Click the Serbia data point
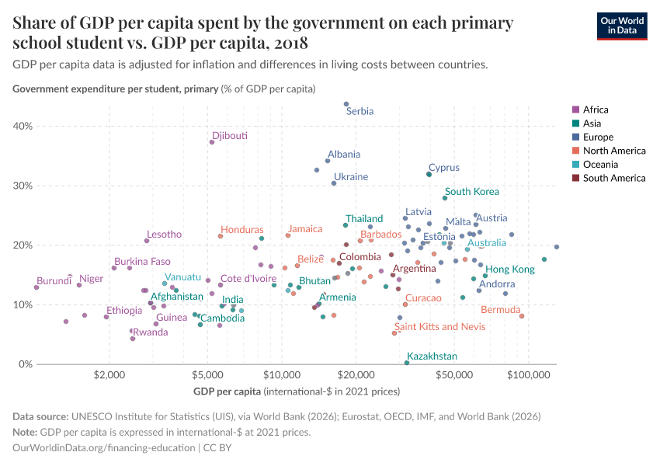[346, 104]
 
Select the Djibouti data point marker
[212, 142]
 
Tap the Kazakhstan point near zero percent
[407, 363]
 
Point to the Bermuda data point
[522, 316]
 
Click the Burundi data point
[36, 287]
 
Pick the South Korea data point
[445, 198]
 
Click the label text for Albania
[343, 155]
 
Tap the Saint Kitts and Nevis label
[439, 327]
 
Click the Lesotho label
[164, 234]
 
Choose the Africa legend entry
[595, 110]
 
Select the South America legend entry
[613, 178]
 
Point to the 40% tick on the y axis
[23, 126]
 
